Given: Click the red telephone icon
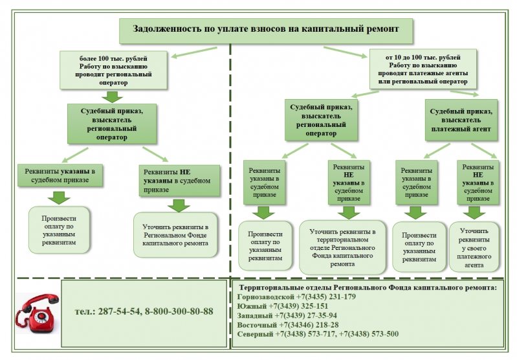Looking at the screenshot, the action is [38, 313].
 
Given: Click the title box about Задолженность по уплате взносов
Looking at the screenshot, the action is [266, 31].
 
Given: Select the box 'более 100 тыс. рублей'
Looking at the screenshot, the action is [113, 70].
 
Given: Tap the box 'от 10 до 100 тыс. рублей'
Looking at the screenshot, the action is [423, 69].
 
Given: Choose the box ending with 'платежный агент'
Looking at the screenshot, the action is [461, 120].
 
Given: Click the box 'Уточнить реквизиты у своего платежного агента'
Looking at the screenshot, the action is [474, 247].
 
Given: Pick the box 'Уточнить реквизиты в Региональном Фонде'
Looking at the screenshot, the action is [175, 235].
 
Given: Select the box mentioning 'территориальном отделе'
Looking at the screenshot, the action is [342, 247].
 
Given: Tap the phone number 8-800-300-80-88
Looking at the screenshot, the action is [179, 311].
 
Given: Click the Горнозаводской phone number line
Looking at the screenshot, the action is [296, 297].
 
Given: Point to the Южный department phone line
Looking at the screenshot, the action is [283, 306].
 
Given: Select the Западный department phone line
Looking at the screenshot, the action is [287, 315].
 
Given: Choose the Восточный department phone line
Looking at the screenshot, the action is [288, 324].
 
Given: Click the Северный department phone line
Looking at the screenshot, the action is [318, 334].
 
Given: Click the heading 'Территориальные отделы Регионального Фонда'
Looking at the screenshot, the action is [368, 287].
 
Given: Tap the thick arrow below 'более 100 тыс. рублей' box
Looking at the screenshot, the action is [112, 96].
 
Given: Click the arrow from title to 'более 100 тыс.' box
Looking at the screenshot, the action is [194, 52].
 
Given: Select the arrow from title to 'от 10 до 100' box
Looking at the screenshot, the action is [346, 52].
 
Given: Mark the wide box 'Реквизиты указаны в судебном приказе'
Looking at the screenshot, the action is [60, 175].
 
